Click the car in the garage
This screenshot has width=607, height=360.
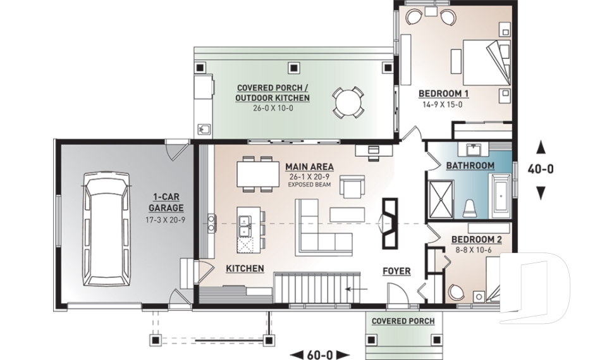106,229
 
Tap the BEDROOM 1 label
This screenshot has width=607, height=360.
444,94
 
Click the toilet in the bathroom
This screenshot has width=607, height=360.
470,208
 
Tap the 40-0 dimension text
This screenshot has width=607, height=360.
541,169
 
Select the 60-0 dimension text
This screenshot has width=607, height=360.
320,354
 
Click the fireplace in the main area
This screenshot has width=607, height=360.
389,223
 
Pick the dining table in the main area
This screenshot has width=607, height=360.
258,175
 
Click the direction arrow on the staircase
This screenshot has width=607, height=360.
357,289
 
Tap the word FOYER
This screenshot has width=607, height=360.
396,271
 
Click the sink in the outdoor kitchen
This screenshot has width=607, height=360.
204,129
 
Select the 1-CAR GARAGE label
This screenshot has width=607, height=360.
166,202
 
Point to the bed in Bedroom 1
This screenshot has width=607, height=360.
487,62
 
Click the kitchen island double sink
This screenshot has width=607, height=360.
244,227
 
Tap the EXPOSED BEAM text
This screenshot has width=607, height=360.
309,185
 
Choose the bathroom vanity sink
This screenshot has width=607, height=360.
473,149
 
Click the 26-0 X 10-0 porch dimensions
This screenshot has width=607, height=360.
273,108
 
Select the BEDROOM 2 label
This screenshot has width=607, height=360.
477,240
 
